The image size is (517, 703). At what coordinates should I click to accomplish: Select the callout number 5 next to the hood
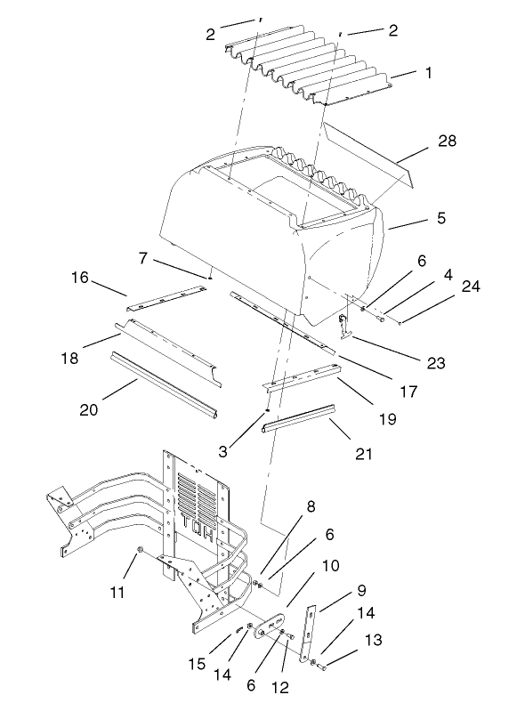[416, 216]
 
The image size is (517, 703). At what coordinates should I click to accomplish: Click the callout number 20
[89, 409]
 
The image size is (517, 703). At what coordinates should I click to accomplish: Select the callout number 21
[364, 454]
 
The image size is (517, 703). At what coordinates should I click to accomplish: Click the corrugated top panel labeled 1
[311, 71]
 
